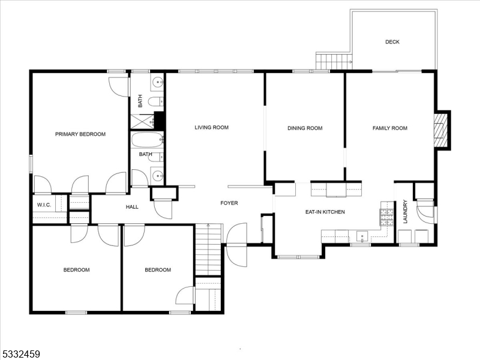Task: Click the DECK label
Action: pos(392,42)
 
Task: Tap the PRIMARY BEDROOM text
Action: pos(80,134)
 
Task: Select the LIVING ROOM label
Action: pos(211,127)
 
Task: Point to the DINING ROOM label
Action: pos(305,128)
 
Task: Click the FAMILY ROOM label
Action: pos(389,128)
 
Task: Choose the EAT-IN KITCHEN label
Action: pos(325,212)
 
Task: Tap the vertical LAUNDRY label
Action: pos(405,212)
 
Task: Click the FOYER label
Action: pos(229,203)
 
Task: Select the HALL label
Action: pos(132,207)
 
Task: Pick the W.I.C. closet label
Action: pos(43,205)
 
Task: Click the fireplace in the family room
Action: pos(441,130)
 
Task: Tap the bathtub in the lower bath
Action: pos(147,140)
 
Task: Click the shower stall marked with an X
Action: pos(142,121)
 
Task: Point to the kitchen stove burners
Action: pos(386,217)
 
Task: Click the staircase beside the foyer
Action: pos(208,249)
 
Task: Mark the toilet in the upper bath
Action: pos(155,101)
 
